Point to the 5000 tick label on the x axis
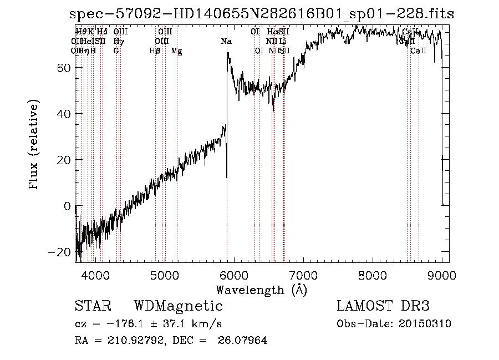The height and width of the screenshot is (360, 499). click(x=164, y=274)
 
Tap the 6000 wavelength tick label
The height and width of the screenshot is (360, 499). click(x=233, y=274)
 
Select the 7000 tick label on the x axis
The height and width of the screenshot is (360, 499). click(x=303, y=274)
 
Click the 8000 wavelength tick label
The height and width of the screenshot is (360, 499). click(x=373, y=274)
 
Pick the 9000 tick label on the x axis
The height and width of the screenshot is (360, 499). click(x=442, y=274)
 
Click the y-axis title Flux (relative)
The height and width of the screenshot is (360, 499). click(x=34, y=145)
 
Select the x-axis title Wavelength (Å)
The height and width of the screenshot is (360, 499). click(x=261, y=290)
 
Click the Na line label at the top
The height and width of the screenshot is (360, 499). click(x=226, y=42)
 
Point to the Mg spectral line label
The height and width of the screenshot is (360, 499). click(x=176, y=51)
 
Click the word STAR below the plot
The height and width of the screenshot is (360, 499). click(x=93, y=306)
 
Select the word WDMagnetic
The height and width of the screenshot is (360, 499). click(x=179, y=306)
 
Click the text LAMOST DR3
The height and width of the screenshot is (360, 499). click(x=383, y=306)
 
